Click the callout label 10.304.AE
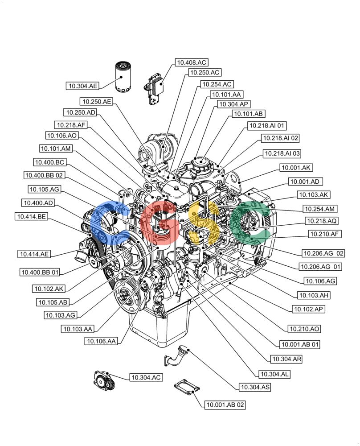click(83, 86)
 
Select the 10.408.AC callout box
click(192, 62)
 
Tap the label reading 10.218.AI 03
click(282, 153)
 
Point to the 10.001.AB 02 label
click(225, 405)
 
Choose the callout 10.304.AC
click(146, 377)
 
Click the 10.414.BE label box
click(31, 216)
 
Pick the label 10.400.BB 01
click(40, 272)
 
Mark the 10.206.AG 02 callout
click(323, 253)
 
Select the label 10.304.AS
click(255, 387)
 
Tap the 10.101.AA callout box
click(226, 95)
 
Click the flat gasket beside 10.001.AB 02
click(187, 387)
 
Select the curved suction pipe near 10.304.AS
click(176, 355)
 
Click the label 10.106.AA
click(102, 341)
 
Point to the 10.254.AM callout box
click(319, 209)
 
